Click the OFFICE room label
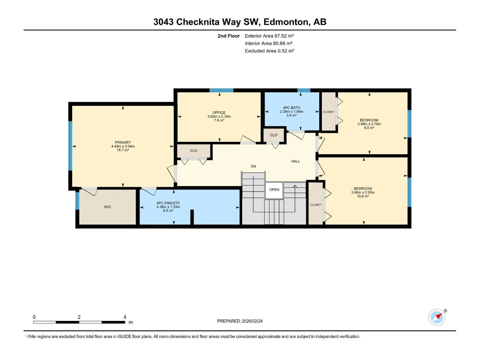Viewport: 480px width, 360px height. coord(219,112)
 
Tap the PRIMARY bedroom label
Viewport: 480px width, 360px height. coord(123,142)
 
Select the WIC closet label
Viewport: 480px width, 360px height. coord(107,207)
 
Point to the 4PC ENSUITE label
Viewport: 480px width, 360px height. coord(168,203)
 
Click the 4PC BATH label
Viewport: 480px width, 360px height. coord(292,107)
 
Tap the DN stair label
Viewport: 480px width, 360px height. coord(253,166)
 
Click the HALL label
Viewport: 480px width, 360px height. coord(295,161)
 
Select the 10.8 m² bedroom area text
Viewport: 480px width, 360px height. coord(363,196)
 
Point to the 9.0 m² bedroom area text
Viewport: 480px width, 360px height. coord(369,128)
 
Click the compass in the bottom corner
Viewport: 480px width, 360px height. coord(437,317)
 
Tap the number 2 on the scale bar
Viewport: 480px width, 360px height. coord(79,317)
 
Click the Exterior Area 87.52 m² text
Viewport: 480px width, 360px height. coord(269,36)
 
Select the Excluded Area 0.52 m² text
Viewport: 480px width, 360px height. coord(269,51)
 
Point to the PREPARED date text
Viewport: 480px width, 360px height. coord(240,321)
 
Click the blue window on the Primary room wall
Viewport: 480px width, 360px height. coord(70,146)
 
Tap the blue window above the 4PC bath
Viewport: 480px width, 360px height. coord(304,90)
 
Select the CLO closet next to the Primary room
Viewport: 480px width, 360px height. coord(193,151)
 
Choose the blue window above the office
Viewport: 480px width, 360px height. coord(221,90)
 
